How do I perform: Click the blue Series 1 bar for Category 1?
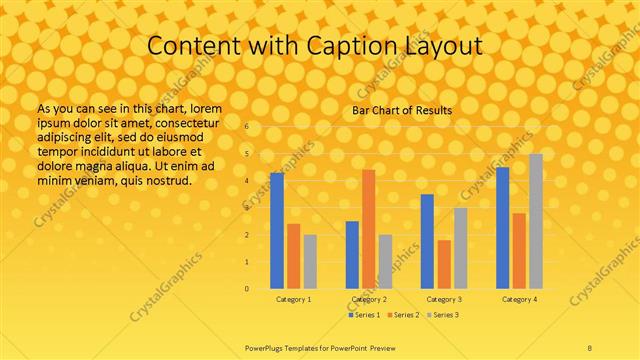pos(277,231)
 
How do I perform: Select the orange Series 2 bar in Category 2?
pos(369,229)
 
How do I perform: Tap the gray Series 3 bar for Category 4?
pos(536,221)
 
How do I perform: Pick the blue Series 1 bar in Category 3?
pos(427,241)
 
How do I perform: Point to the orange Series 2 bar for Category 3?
pos(444,264)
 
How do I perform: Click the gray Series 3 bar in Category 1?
pos(310,262)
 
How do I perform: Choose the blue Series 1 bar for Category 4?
pos(502,228)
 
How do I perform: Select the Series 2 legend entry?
pos(403,315)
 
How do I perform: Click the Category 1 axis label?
pos(294,299)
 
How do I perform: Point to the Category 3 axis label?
pos(444,299)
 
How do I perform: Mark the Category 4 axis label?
pos(519,299)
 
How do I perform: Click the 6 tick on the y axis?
pos(246,127)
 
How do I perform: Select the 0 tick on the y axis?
pos(246,289)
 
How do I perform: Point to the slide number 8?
pos(590,346)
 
